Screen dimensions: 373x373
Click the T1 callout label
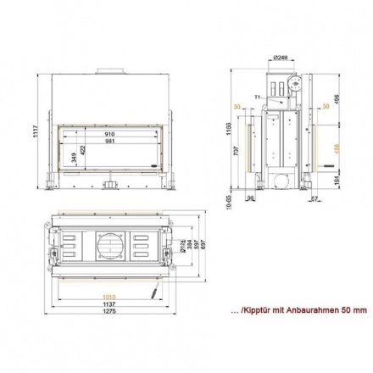pos(258,97)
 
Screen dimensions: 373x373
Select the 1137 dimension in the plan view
pos(109,304)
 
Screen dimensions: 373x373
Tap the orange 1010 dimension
pos(109,296)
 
